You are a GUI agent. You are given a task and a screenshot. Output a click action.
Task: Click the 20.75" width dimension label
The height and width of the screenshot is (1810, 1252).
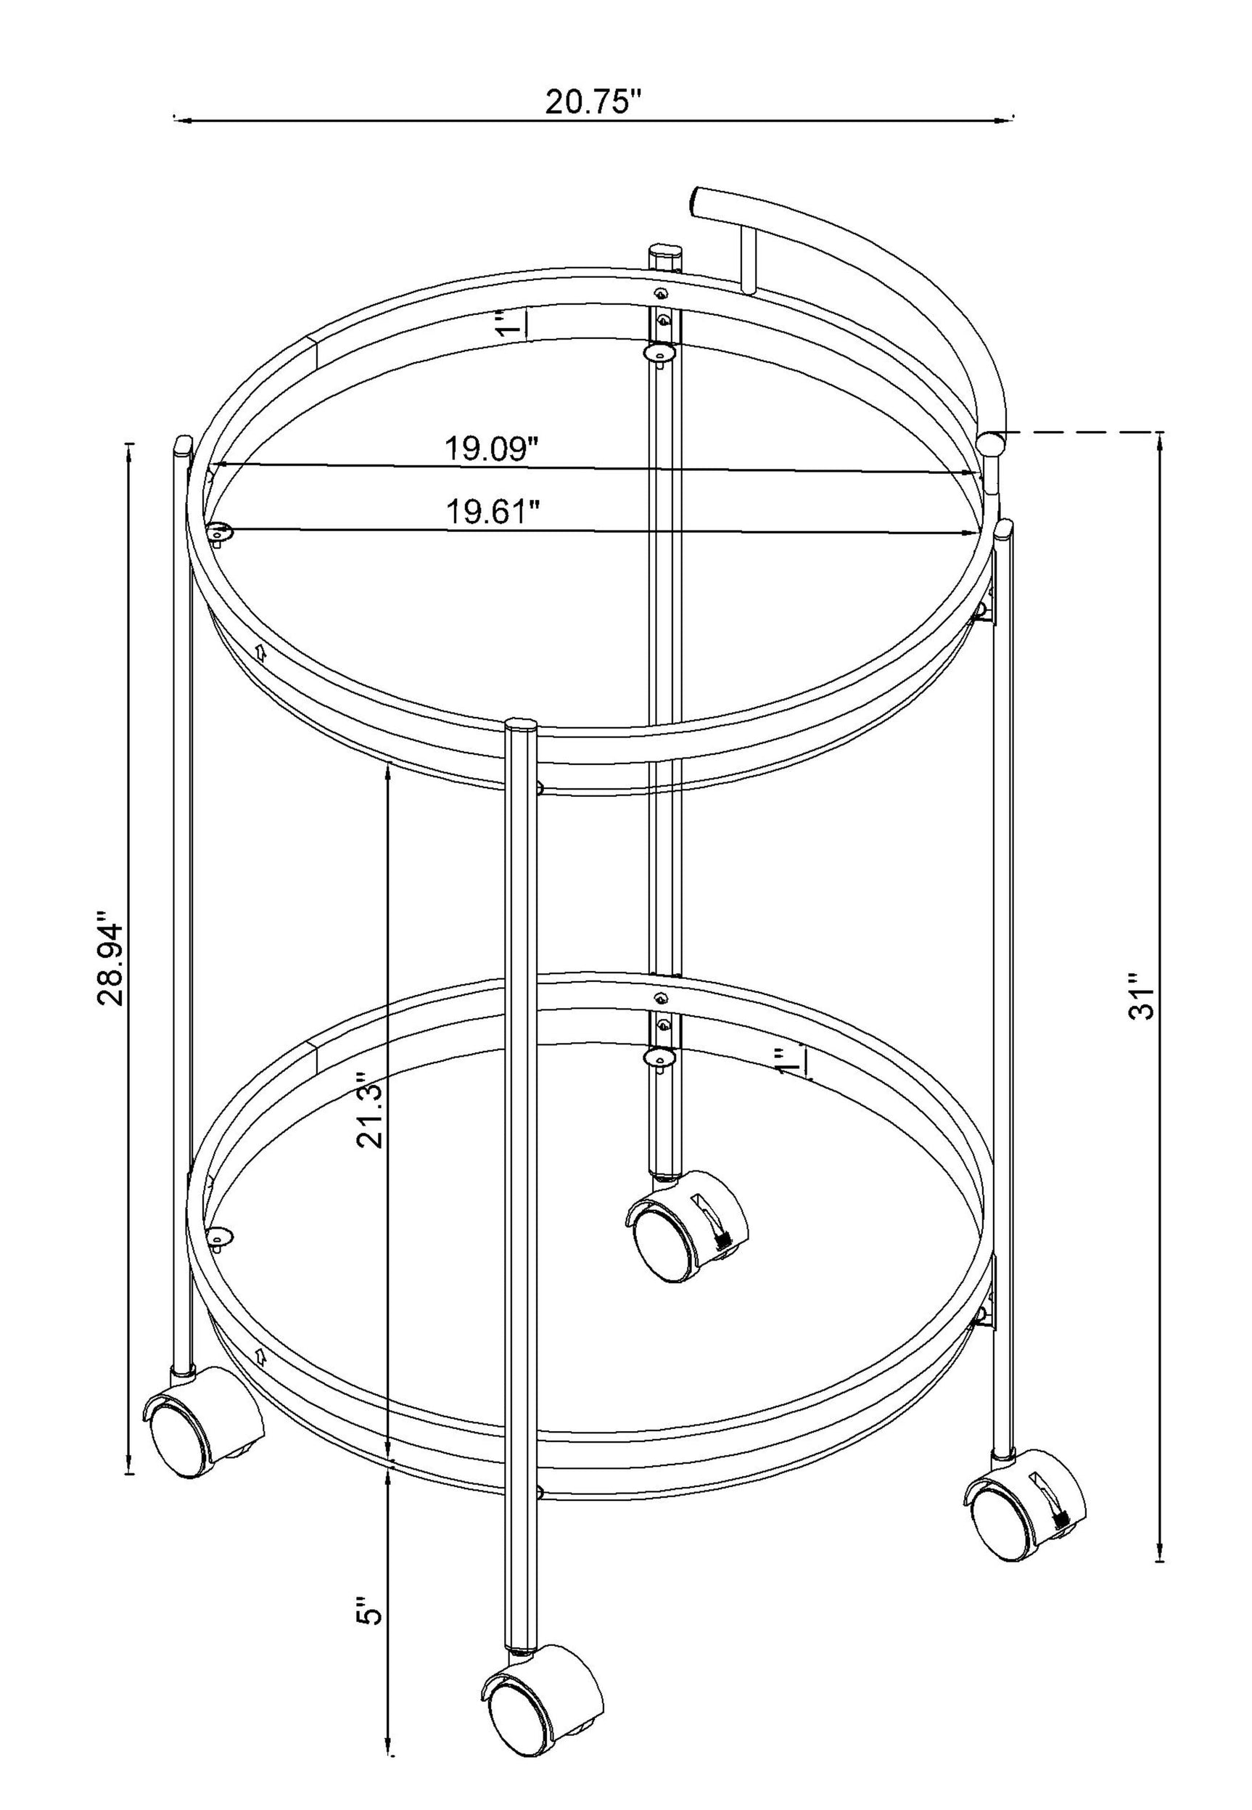click(x=593, y=102)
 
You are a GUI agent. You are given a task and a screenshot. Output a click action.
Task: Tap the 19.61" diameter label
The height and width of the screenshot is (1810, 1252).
click(x=493, y=512)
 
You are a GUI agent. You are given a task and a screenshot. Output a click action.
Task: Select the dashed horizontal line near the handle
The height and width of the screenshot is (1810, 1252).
click(x=1082, y=432)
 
